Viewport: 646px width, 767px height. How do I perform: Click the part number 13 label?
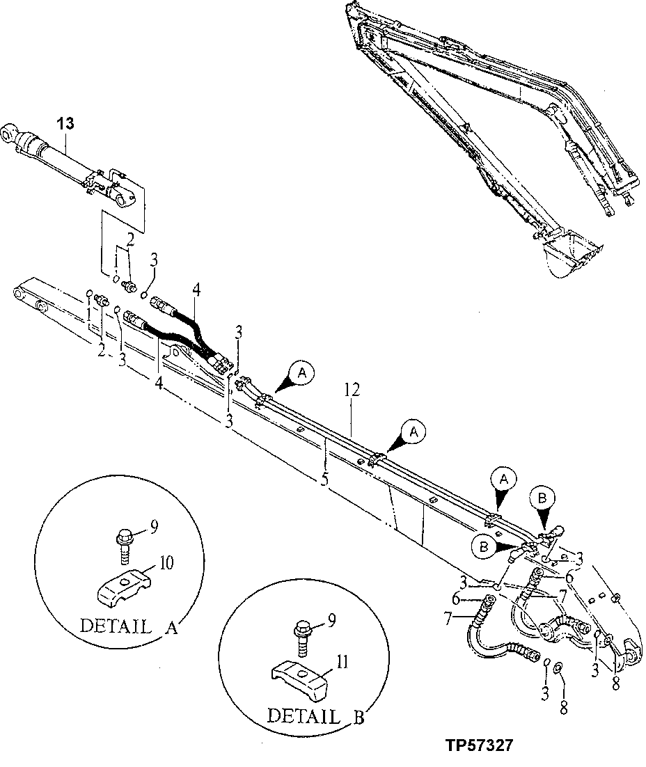coord(65,123)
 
